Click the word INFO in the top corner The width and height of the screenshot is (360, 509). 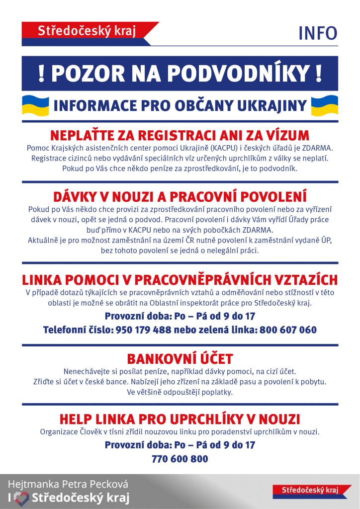pos(318,33)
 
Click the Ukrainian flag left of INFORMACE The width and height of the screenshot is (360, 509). pos(35,105)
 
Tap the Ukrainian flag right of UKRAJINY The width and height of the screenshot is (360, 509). pos(324,105)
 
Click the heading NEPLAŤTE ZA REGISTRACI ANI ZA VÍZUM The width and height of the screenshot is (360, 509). pos(180,135)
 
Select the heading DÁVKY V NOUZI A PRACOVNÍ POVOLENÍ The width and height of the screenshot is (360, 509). pos(180,196)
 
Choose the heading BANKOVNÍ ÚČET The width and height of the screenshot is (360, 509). pos(180,359)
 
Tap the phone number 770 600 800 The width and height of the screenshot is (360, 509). pos(180,459)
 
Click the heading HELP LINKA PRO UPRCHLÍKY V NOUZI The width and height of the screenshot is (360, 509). pos(180,419)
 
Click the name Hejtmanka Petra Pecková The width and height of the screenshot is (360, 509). pos(68,484)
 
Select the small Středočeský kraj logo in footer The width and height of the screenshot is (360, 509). pos(309,490)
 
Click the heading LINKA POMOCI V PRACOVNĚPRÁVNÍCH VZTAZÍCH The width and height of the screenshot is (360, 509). pos(180,280)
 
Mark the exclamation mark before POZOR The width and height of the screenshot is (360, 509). pos(42,74)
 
